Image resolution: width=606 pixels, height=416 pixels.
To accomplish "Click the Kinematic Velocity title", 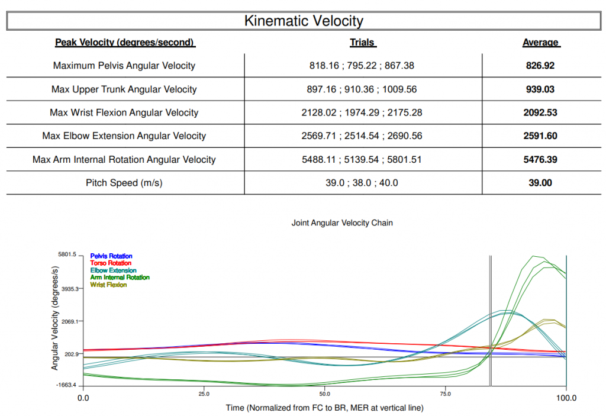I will tap(304, 21).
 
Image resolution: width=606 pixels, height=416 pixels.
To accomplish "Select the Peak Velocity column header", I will tap(125, 43).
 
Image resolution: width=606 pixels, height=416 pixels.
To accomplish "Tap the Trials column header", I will tap(363, 43).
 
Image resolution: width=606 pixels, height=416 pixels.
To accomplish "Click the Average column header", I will tap(541, 43).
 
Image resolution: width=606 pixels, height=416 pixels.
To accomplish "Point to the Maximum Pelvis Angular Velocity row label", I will tap(124, 66).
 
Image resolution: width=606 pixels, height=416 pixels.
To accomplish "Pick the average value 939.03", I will tap(540, 89).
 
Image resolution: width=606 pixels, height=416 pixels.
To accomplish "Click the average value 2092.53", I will tap(540, 112).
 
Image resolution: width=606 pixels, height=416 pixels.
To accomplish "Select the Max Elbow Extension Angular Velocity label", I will tap(124, 136).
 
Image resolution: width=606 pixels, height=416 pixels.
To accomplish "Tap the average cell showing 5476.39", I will tap(540, 159).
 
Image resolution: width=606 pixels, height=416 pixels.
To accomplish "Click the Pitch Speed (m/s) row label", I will tap(124, 183).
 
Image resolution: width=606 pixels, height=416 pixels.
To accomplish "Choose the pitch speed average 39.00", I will tap(540, 183).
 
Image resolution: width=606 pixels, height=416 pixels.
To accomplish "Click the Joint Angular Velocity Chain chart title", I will tap(342, 223).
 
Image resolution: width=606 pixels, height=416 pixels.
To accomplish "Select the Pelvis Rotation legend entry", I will tap(111, 256).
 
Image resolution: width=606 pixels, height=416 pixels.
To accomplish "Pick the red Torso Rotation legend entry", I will tap(111, 263).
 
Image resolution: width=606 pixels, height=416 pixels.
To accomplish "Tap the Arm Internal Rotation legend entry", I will tap(120, 277).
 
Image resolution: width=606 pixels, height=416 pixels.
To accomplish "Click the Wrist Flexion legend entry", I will tap(108, 285).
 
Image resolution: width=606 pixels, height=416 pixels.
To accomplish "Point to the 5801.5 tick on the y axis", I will tap(67, 254).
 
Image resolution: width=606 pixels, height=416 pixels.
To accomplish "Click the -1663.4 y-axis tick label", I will tap(66, 385).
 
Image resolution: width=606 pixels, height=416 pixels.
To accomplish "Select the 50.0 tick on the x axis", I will tap(325, 394).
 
